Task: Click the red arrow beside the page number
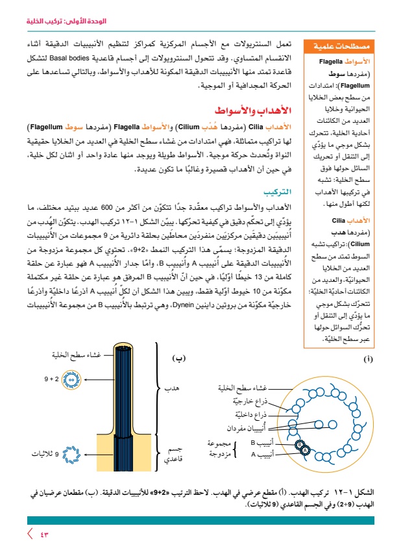(29, 534)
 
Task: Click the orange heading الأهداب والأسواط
(253, 112)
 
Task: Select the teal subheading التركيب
(278, 193)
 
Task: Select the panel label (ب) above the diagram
(178, 357)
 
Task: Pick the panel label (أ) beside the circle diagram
(368, 358)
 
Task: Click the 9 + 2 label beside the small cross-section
(52, 377)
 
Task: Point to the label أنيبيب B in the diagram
(262, 443)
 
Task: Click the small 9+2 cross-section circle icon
(77, 377)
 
